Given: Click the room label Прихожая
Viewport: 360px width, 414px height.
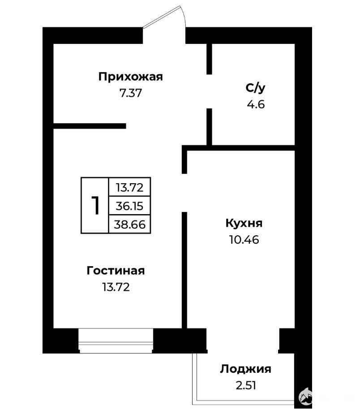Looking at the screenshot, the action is tap(130, 77).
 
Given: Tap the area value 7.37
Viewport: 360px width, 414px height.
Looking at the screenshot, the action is tap(131, 93).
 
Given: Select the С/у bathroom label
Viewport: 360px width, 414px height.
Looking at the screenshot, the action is tap(255, 88).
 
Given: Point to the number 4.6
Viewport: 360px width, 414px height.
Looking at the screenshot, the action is tap(256, 104).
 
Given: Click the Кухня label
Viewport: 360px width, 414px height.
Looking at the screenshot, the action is tap(244, 224).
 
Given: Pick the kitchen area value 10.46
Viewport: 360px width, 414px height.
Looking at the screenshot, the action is tap(244, 240).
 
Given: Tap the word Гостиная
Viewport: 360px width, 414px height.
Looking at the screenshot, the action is tap(116, 271).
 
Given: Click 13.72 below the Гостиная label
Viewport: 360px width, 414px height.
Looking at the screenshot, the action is tap(116, 287).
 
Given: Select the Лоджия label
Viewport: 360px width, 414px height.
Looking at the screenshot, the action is tap(245, 369).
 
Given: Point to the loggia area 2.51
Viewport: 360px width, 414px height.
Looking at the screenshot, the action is tap(246, 385).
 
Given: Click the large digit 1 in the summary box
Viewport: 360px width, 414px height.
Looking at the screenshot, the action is tap(95, 205).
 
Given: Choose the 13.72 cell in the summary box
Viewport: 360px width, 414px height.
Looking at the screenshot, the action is tap(129, 187).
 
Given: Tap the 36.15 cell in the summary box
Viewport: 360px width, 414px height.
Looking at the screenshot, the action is tap(129, 206).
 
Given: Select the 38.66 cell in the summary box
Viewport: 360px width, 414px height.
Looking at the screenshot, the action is tap(129, 224).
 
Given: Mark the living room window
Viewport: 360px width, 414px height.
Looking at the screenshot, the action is tap(116, 341).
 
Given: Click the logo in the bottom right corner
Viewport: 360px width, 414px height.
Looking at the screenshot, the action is tap(305, 397).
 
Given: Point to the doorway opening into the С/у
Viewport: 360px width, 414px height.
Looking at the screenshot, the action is tap(209, 91).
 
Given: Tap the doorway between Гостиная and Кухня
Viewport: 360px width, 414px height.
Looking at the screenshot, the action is tap(184, 193).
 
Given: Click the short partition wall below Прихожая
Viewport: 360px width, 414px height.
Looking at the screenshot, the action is tap(90, 126).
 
